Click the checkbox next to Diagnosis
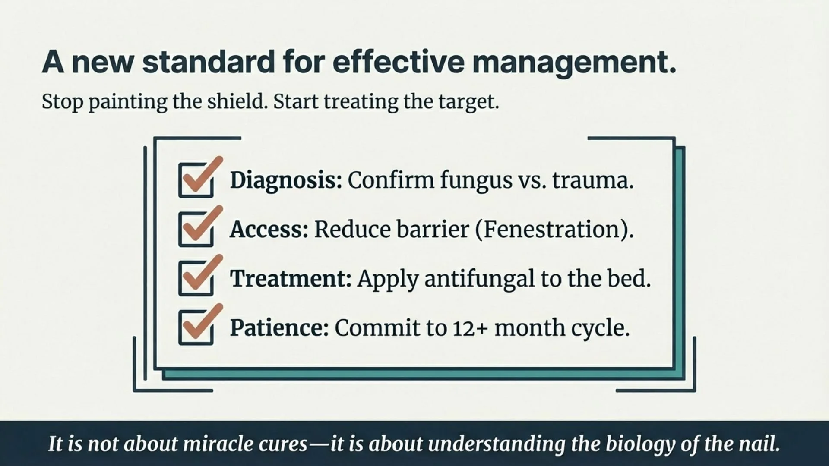coord(196,180)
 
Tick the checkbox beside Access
coord(196,229)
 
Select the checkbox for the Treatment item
coord(196,278)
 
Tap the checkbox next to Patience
coord(196,327)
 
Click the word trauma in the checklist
coord(590,180)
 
